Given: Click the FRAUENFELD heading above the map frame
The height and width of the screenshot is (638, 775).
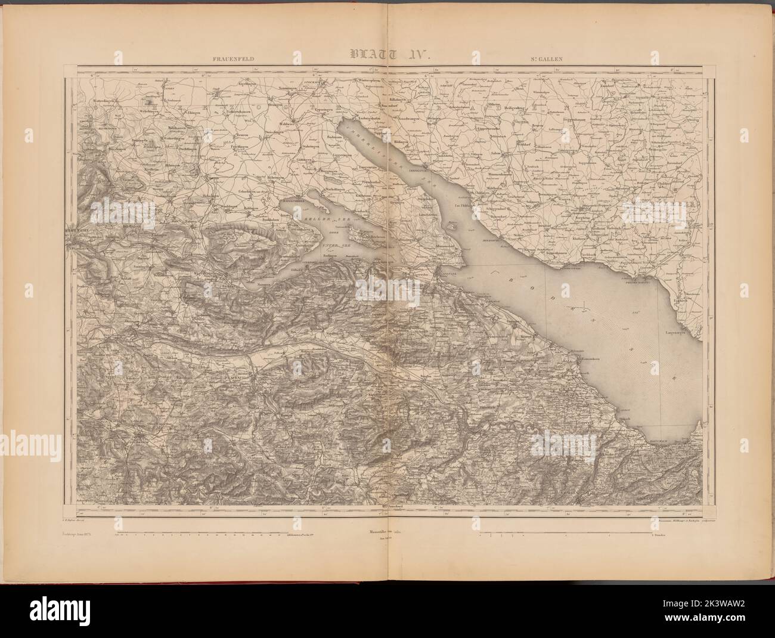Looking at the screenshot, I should coord(229,59).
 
